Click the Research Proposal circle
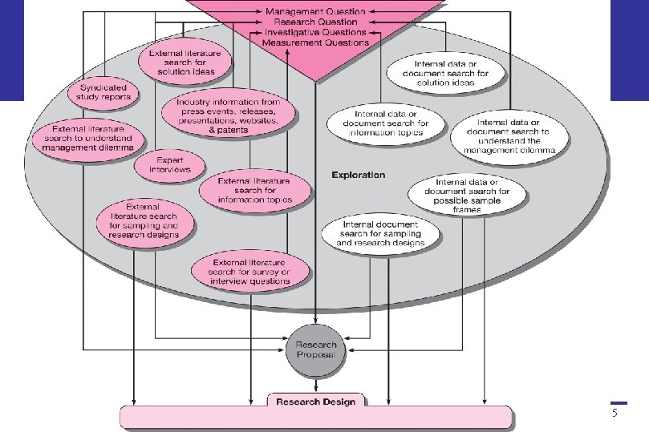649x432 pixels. coord(315,350)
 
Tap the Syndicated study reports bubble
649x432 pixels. coord(103,92)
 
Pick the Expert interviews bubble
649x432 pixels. coord(169,164)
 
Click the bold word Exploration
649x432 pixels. coord(358,175)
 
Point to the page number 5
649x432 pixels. coord(615,414)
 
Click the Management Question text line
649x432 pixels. coord(315,12)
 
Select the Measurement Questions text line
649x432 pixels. coord(315,42)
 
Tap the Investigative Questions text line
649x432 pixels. coord(315,32)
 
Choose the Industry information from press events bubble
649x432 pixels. coord(228,115)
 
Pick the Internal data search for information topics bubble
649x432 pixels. coord(386,123)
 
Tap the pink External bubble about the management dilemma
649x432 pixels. coord(88,138)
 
